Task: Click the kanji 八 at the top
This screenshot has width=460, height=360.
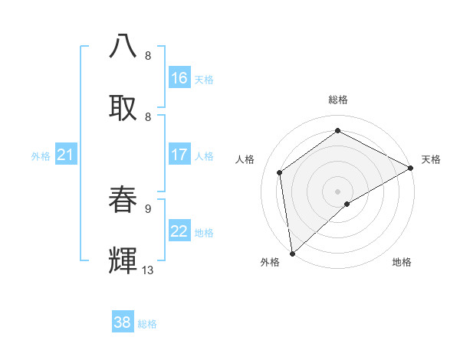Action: (123, 45)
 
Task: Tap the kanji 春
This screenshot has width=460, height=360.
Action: (123, 200)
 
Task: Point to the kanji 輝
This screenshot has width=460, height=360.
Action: (123, 261)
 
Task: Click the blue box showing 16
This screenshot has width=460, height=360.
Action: (179, 78)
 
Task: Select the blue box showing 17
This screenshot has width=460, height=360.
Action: (179, 155)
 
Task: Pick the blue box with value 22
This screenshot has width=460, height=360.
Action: (179, 231)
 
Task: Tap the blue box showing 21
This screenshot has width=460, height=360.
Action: (66, 155)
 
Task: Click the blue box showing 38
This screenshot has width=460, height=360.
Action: (123, 322)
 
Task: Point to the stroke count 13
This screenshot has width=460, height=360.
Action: (148, 270)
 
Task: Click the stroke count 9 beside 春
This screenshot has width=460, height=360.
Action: (148, 208)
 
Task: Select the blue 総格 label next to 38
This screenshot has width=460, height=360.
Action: (147, 324)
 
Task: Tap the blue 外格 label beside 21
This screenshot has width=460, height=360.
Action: (41, 156)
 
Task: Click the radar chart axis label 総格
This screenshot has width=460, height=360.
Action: (337, 100)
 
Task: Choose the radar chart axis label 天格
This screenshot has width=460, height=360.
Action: (431, 159)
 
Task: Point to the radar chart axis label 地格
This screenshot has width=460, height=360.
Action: (402, 263)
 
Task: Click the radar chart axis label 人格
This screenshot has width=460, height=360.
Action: (245, 159)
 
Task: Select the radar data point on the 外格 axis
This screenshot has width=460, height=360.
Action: (292, 253)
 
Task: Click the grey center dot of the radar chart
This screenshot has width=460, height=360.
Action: (337, 191)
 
